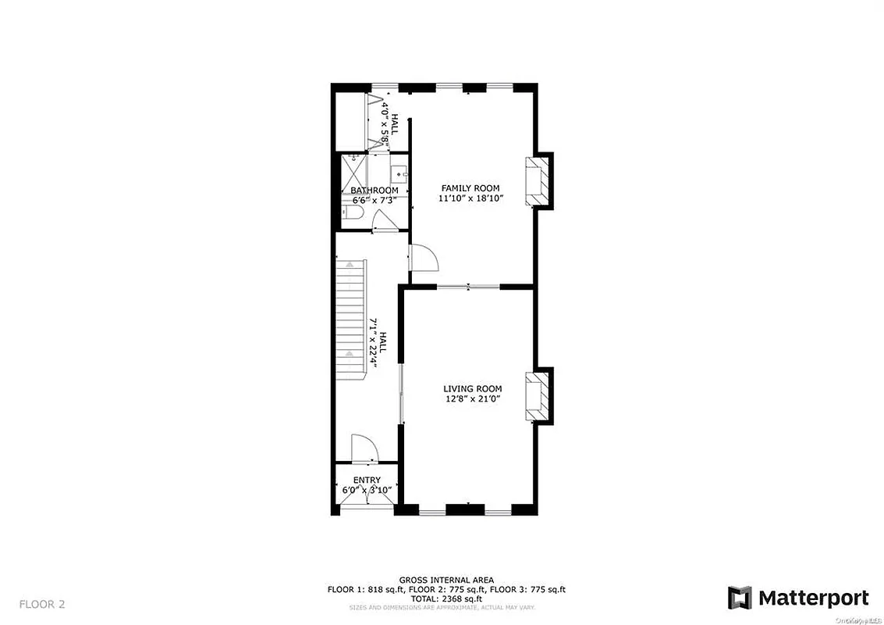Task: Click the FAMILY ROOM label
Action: (x=470, y=187)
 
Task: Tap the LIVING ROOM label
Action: (x=472, y=388)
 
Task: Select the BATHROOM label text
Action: (x=374, y=191)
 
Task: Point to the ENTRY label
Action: (x=367, y=480)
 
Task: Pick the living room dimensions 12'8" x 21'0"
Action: (x=472, y=399)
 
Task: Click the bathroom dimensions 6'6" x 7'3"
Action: (x=374, y=201)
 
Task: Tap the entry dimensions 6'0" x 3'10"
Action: (x=367, y=491)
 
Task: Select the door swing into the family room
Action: (x=424, y=257)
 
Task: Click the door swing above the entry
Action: (x=364, y=449)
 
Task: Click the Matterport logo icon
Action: (x=739, y=598)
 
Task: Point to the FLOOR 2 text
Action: (x=42, y=603)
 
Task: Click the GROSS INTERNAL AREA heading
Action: (x=446, y=580)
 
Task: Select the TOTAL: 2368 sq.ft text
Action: (x=446, y=598)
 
